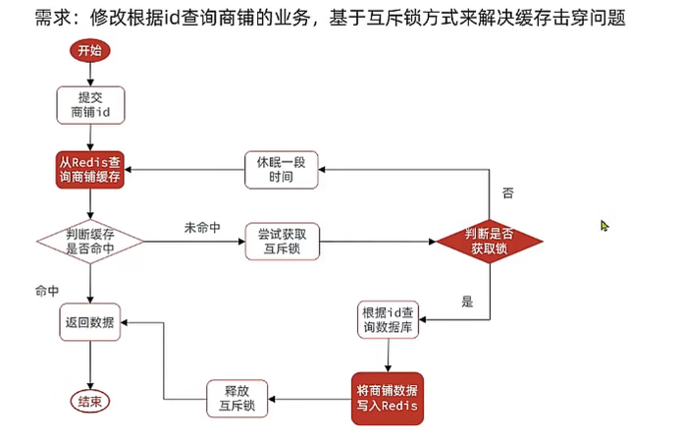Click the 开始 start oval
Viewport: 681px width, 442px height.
point(89,50)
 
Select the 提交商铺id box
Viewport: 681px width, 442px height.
point(89,105)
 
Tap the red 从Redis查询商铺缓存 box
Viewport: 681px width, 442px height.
point(89,169)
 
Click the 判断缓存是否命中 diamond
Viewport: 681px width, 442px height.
point(89,241)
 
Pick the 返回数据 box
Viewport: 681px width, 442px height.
point(89,322)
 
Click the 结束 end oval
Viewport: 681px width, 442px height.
point(89,401)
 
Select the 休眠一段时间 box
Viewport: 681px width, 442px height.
point(281,169)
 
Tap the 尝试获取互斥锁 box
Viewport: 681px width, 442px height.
point(281,241)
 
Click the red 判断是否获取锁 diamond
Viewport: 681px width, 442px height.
point(490,241)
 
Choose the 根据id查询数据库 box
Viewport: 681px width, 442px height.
point(389,321)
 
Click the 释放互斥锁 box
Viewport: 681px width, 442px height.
point(236,398)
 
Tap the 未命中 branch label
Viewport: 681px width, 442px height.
point(201,228)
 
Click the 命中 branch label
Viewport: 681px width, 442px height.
point(47,292)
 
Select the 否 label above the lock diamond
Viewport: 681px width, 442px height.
point(507,193)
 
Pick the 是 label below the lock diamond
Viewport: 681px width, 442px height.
point(467,302)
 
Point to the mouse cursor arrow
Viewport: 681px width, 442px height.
point(605,226)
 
